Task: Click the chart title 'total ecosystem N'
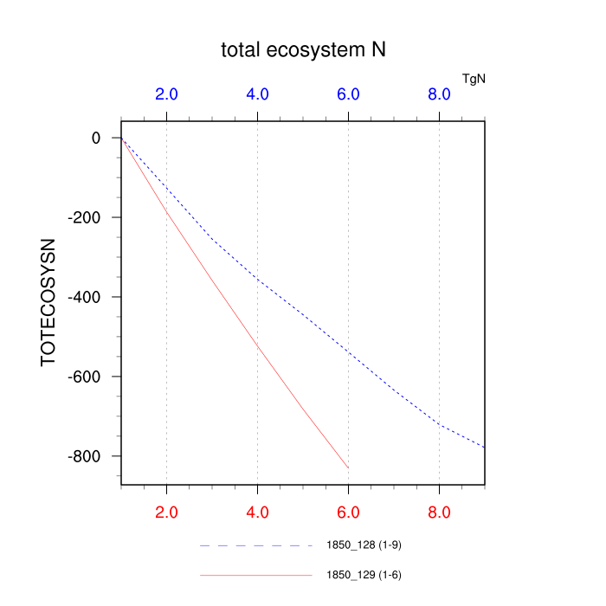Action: pyautogui.click(x=303, y=50)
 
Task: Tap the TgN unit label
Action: pyautogui.click(x=474, y=79)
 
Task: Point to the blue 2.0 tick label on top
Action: pyautogui.click(x=166, y=94)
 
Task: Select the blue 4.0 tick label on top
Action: pyautogui.click(x=257, y=94)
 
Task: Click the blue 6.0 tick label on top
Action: pyautogui.click(x=348, y=94)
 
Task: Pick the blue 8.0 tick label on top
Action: pyautogui.click(x=439, y=94)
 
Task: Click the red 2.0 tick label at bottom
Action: pyautogui.click(x=166, y=512)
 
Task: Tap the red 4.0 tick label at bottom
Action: pyautogui.click(x=257, y=512)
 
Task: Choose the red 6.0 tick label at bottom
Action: pyautogui.click(x=348, y=512)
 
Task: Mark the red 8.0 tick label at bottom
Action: pyautogui.click(x=439, y=512)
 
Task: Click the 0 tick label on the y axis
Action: pyautogui.click(x=96, y=139)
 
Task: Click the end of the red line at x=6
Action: pyautogui.click(x=348, y=468)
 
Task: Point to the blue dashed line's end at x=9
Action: pyautogui.click(x=484, y=447)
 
